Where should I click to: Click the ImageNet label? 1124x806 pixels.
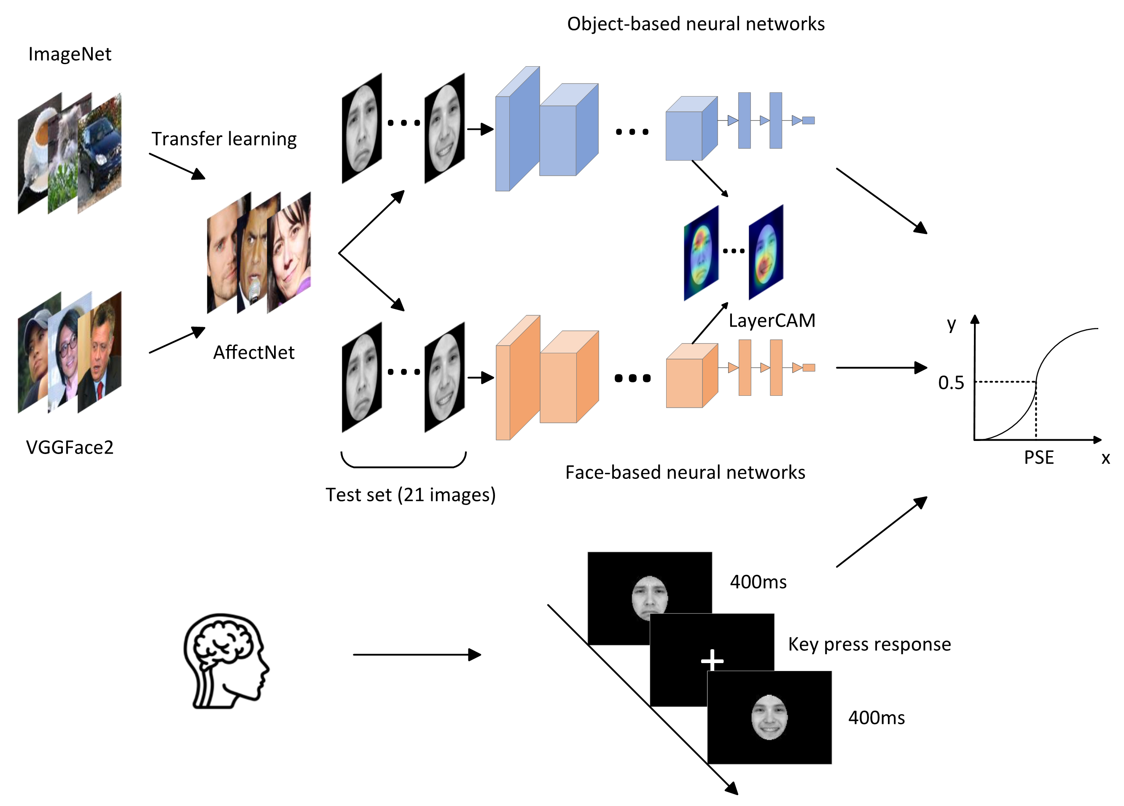pyautogui.click(x=70, y=54)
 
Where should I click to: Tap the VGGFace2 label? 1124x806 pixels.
pyautogui.click(x=70, y=447)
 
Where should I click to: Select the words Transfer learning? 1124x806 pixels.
pyautogui.click(x=224, y=139)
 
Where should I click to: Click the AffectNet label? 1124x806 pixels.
pyautogui.click(x=254, y=352)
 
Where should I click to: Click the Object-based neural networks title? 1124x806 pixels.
pyautogui.click(x=696, y=24)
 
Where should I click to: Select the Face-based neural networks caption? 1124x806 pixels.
pyautogui.click(x=686, y=472)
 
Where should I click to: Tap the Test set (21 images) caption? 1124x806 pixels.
pyautogui.click(x=410, y=495)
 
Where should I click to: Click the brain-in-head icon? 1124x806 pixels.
pyautogui.click(x=226, y=661)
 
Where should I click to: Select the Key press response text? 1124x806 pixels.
pyautogui.click(x=870, y=645)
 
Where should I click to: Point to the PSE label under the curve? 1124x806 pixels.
pyautogui.click(x=1039, y=457)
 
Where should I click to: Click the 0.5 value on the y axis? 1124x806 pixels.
pyautogui.click(x=951, y=382)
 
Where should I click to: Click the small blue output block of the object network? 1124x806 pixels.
pyautogui.click(x=808, y=121)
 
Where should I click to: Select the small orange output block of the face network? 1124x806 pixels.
pyautogui.click(x=809, y=368)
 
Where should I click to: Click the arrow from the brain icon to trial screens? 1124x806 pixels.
pyautogui.click(x=417, y=655)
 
